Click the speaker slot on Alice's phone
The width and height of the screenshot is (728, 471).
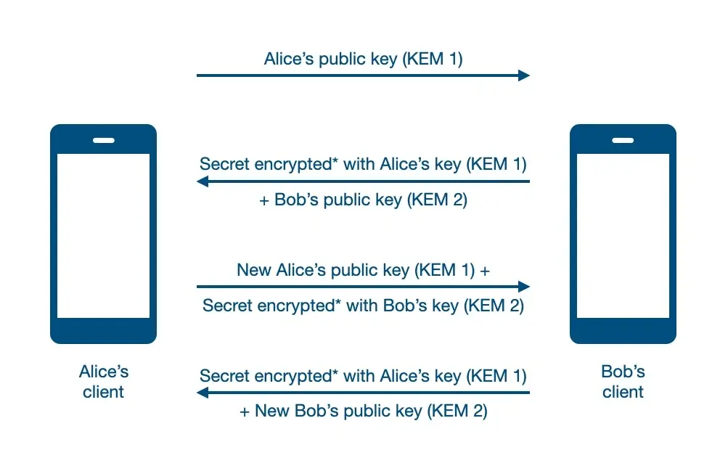pos(104,140)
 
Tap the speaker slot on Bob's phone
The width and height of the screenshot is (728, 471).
pos(623,140)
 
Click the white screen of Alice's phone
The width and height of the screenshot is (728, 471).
pos(104,236)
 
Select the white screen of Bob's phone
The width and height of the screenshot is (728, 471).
pos(623,236)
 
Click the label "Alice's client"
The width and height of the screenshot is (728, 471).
pos(104,382)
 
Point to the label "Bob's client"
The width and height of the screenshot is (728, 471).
pos(623,382)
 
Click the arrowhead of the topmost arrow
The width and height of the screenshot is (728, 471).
pos(524,75)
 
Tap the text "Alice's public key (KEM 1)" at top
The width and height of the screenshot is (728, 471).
pos(363,60)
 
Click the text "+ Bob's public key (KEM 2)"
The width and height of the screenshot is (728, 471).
pos(363,200)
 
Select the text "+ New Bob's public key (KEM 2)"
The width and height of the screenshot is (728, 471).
pos(363,411)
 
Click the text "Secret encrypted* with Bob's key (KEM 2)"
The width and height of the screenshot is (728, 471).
pos(363,306)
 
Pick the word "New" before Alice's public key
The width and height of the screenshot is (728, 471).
pos(254,270)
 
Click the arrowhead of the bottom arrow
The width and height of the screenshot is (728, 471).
pos(203,393)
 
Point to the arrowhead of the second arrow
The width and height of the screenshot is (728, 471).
pos(203,181)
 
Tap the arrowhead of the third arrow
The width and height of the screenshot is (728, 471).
pos(524,287)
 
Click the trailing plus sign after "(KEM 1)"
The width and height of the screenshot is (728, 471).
pos(485,271)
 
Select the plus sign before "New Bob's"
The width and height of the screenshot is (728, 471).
pos(245,412)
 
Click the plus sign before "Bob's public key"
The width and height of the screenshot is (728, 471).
pos(264,201)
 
